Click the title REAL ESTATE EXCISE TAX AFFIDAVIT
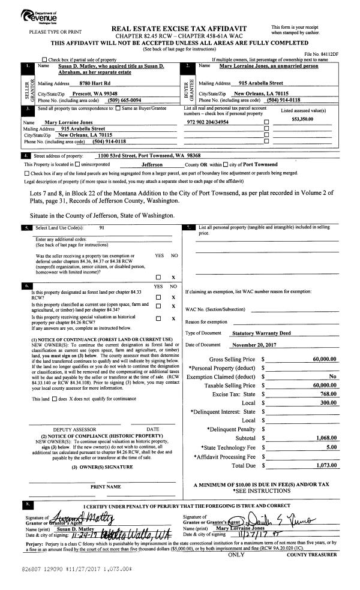180,28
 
